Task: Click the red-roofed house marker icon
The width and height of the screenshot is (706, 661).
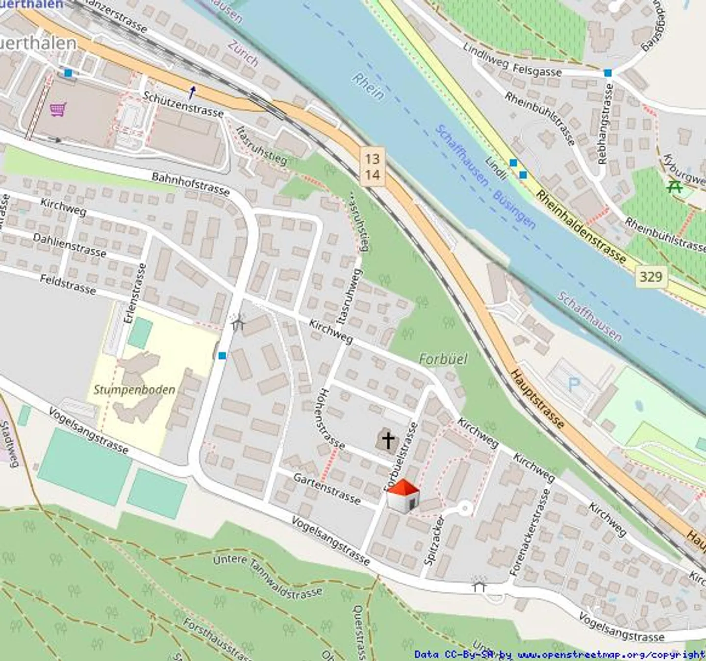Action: click(403, 496)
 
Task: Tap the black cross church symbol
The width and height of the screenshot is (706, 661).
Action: click(388, 440)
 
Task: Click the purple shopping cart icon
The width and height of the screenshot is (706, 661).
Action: click(58, 109)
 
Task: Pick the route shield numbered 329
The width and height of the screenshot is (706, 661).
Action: click(651, 277)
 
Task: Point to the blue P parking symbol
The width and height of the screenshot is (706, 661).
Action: click(573, 382)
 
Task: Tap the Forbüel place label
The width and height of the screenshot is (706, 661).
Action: click(443, 359)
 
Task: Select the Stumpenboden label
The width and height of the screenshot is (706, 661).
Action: click(134, 390)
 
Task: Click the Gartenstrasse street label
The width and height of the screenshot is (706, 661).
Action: click(327, 488)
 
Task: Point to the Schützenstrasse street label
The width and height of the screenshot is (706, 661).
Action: click(183, 104)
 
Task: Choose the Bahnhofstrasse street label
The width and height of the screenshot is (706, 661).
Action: click(191, 184)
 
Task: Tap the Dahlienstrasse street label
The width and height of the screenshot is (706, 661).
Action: click(70, 245)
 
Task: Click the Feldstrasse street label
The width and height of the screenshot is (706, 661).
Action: click(68, 284)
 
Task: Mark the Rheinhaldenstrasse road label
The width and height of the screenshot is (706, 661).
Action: click(581, 227)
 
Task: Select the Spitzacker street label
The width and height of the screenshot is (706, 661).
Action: click(434, 541)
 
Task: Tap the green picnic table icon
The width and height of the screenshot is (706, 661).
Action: click(675, 186)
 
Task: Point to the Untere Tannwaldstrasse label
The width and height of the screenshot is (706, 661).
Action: click(268, 577)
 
